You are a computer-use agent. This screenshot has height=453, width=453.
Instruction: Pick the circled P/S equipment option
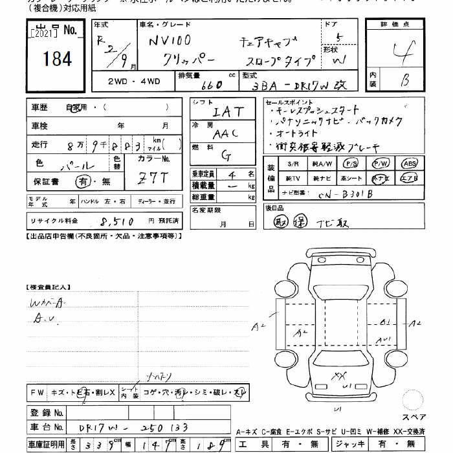click(351, 164)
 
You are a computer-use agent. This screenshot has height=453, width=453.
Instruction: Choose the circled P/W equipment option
click(381, 164)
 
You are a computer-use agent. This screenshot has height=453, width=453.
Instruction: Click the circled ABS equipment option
click(409, 164)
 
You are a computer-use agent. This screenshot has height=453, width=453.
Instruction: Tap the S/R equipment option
click(293, 164)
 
